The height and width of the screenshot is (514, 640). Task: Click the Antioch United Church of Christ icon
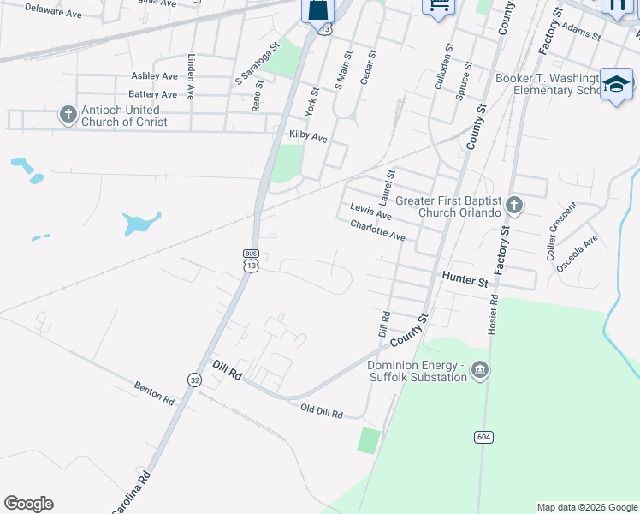tap(68, 115)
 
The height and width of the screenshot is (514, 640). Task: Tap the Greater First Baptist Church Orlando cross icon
tap(513, 205)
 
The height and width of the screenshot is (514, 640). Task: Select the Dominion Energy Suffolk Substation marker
tap(479, 369)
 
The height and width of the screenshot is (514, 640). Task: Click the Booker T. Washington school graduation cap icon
tap(616, 84)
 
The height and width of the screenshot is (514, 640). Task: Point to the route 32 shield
tap(195, 380)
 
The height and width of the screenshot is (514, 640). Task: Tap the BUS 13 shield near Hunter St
tap(251, 260)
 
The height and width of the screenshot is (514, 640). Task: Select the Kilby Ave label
tap(308, 137)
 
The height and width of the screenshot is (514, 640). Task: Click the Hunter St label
tap(465, 279)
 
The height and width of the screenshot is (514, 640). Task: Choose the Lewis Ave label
tap(370, 211)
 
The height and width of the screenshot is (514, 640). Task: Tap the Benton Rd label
tap(154, 393)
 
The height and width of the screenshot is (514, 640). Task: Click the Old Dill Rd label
tap(322, 412)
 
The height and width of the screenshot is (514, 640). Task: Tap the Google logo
tap(28, 504)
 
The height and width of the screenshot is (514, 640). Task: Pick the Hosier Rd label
tap(494, 315)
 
